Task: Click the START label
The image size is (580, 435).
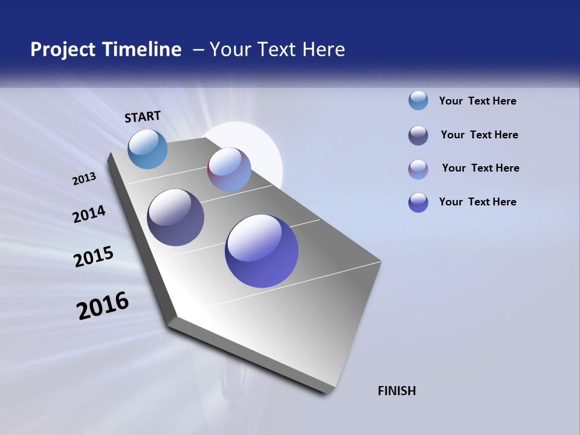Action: (143, 117)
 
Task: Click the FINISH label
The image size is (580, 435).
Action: (397, 391)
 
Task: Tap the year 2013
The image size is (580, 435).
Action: (84, 179)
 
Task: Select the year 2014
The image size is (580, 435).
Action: (89, 214)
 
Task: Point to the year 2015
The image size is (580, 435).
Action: (94, 257)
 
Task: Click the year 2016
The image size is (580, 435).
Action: (103, 306)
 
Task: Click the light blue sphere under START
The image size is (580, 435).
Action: (147, 149)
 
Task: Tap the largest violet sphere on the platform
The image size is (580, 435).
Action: (262, 251)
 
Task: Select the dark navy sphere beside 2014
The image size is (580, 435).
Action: (175, 217)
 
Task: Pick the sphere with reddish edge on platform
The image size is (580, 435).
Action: (229, 169)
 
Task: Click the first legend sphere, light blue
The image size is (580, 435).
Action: (418, 100)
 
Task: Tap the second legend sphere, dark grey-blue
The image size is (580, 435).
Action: (418, 135)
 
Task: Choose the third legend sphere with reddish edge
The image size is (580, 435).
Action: (418, 169)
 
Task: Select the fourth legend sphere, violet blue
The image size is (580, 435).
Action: (418, 202)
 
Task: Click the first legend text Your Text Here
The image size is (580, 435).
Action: (477, 101)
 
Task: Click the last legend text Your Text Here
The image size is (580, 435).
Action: (477, 202)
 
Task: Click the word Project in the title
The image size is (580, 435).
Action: (62, 50)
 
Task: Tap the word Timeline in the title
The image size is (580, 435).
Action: (145, 50)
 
